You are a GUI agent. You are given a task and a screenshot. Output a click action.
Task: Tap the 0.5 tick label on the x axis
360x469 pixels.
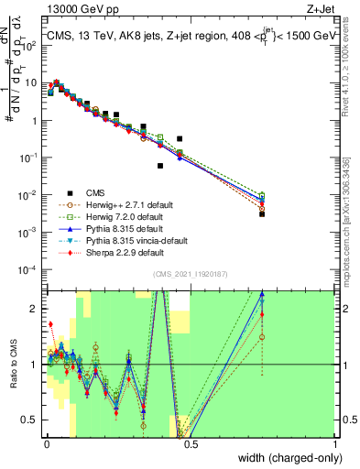pos(190,444)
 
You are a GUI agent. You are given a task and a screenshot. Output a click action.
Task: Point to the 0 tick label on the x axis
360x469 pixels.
pos(45,444)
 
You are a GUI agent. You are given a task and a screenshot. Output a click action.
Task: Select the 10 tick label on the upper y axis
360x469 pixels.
pos(31,82)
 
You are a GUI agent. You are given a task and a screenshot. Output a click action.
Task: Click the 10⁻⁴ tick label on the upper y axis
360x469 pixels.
pos(27,269)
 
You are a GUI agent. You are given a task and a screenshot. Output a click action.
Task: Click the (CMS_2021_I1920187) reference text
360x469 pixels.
pos(191,273)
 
